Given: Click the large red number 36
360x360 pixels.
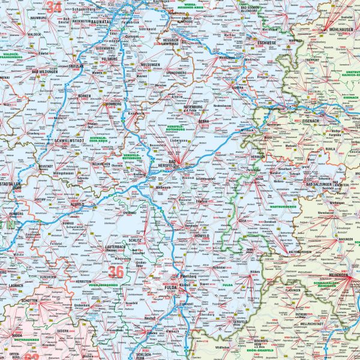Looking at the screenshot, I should pos(116,272).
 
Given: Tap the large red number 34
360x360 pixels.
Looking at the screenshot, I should pos(55,7).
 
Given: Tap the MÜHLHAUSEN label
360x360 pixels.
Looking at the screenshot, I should pos(339,29).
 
